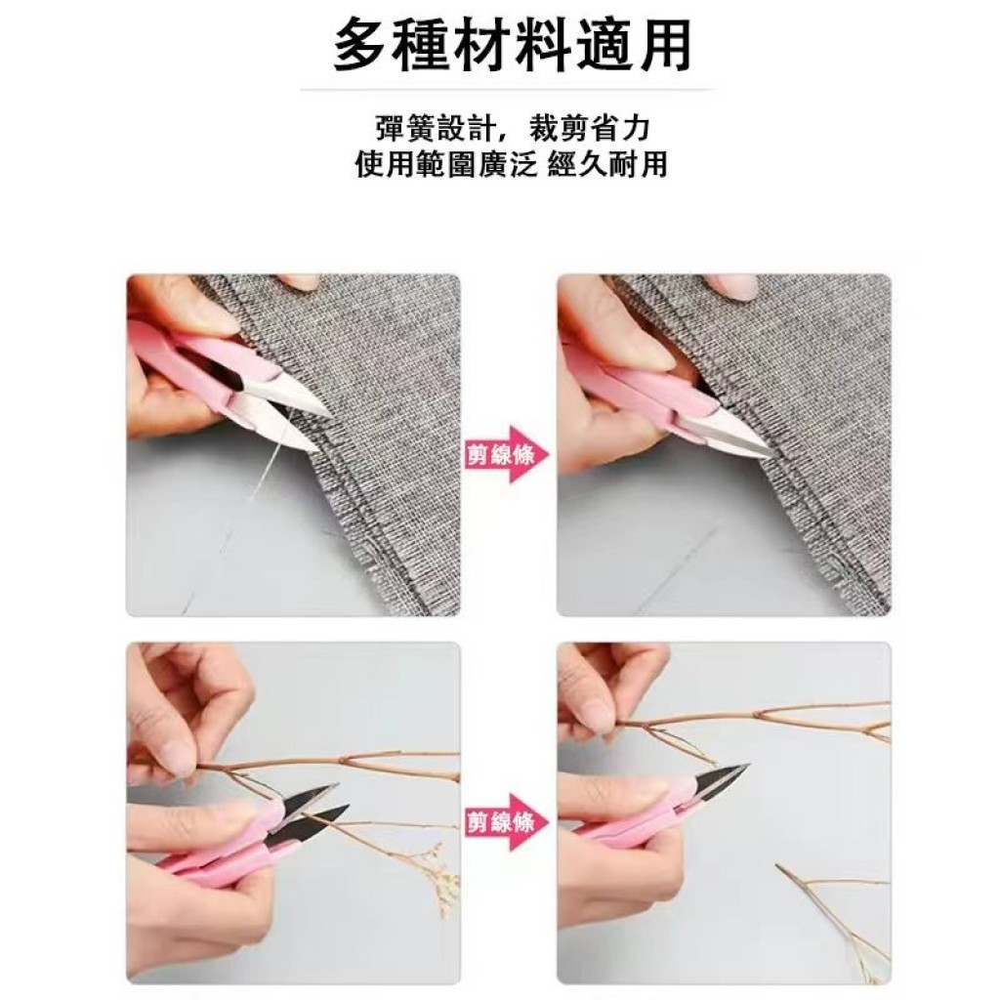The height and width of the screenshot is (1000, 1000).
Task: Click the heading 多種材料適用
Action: coord(512,45)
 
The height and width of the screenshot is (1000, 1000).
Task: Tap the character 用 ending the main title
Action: coord(664,45)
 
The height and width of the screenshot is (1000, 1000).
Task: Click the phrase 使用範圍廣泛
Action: coord(445,164)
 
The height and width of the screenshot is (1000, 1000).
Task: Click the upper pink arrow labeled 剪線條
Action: coord(508,455)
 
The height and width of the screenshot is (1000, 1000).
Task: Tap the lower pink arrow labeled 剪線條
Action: coord(508,822)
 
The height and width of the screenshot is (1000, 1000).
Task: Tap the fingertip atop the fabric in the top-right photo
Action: coord(727,286)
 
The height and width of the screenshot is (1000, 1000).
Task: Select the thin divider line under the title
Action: coord(507,90)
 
